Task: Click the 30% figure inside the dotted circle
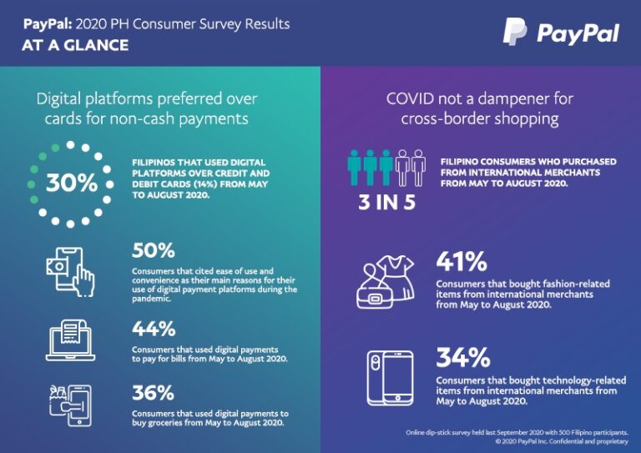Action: (x=71, y=183)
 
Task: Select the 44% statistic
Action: (x=153, y=329)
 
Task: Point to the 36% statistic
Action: (x=153, y=392)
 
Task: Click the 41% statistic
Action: (x=461, y=262)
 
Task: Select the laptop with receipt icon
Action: (x=71, y=340)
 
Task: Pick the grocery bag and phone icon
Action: (x=70, y=405)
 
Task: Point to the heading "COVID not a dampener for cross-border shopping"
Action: (x=479, y=108)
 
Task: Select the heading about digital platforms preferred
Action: (x=146, y=108)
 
